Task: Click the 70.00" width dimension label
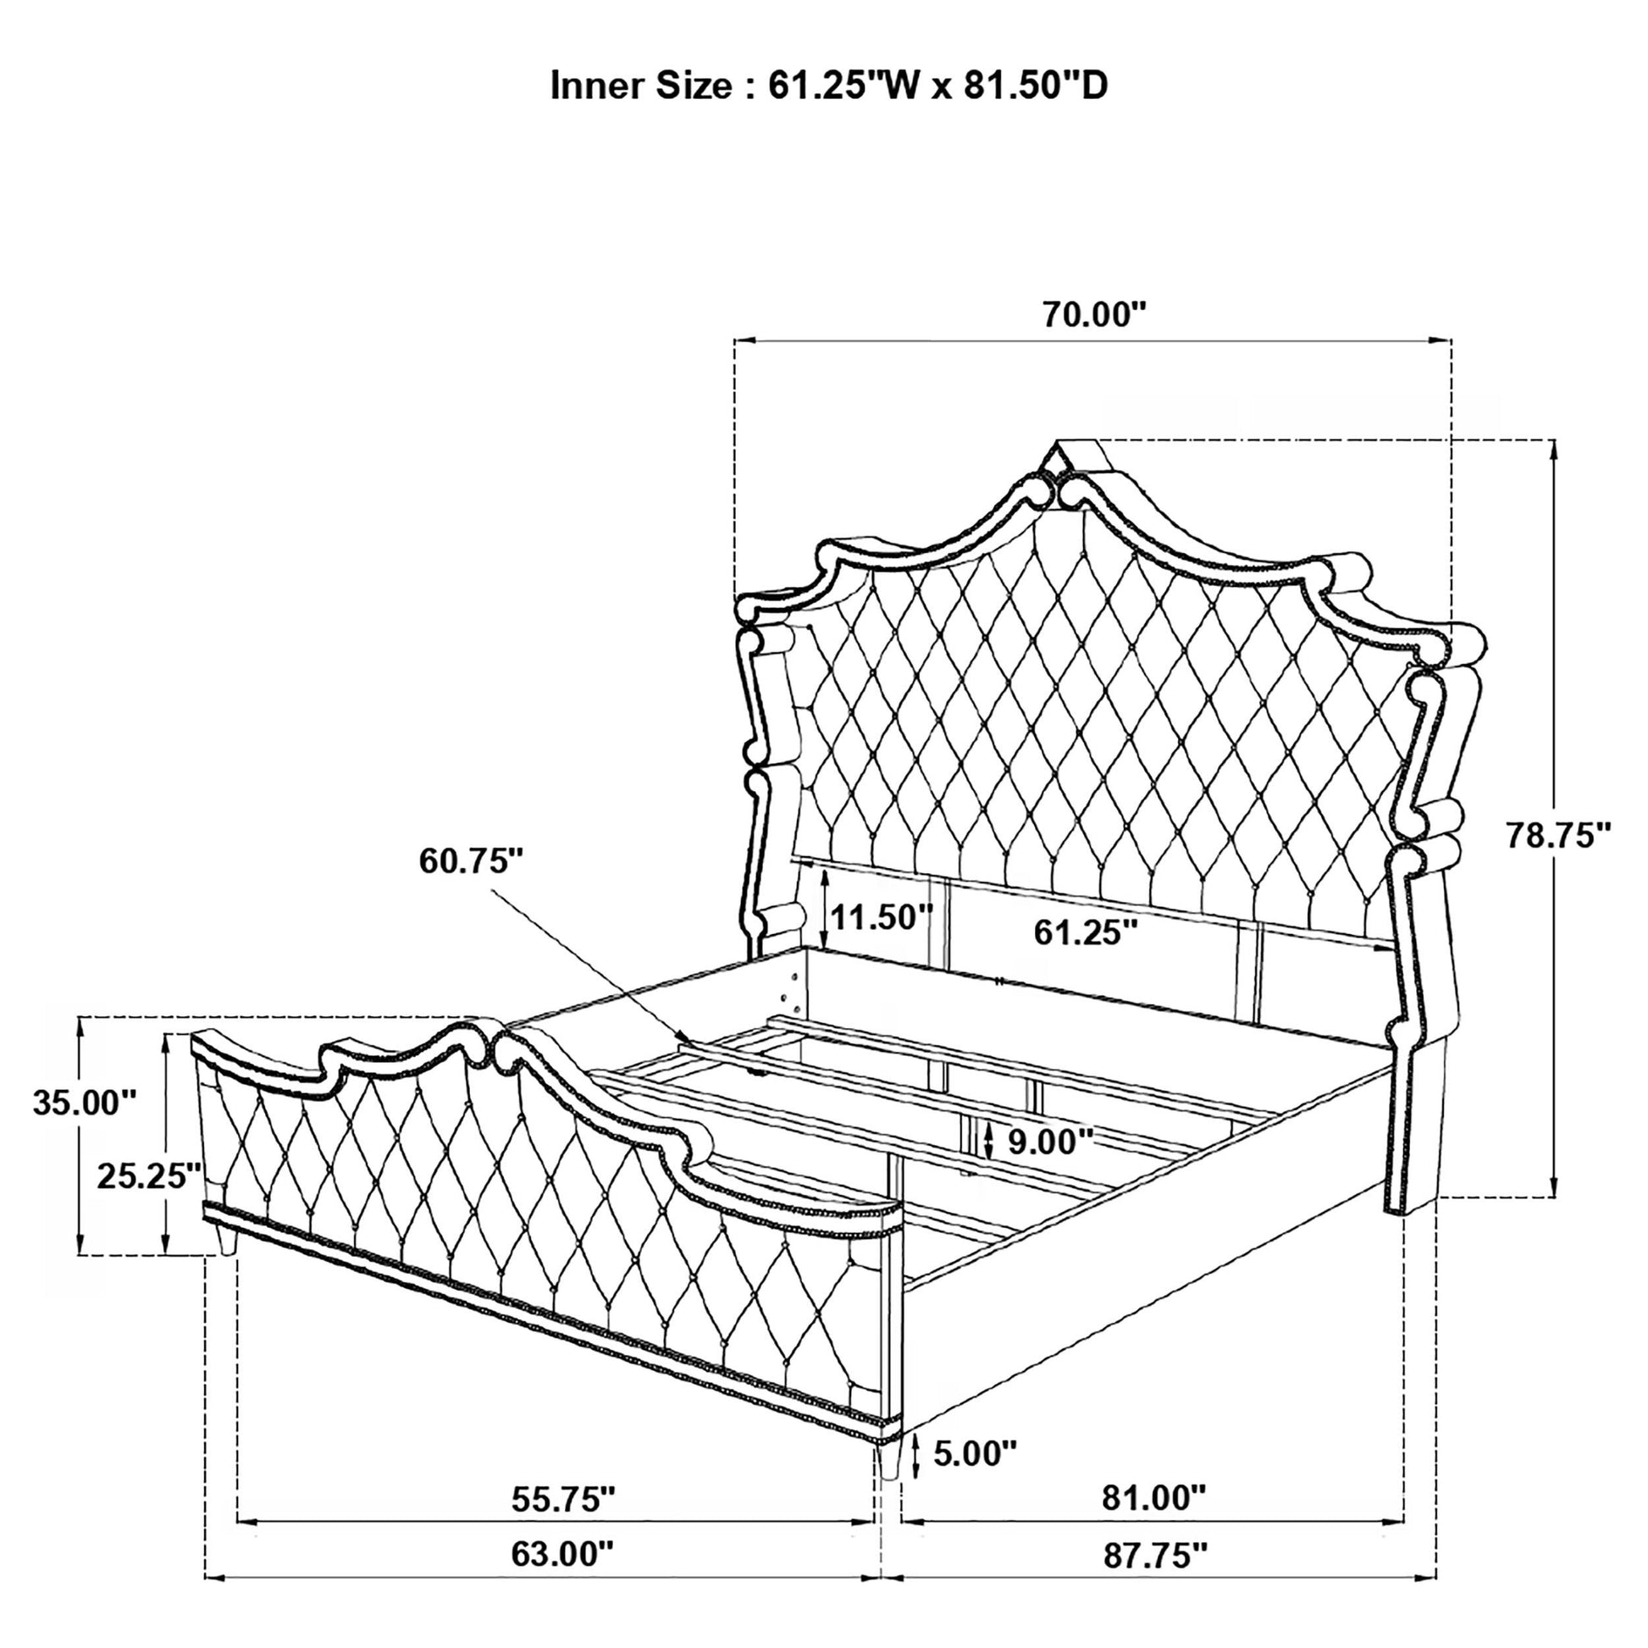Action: pos(1092,315)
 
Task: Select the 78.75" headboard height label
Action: pos(1557,835)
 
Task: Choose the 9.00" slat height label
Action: pos(1050,1142)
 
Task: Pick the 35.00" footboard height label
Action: pos(85,1102)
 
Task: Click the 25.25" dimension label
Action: pos(149,1176)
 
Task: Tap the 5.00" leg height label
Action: pos(974,1452)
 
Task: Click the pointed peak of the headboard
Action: pos(1058,443)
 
